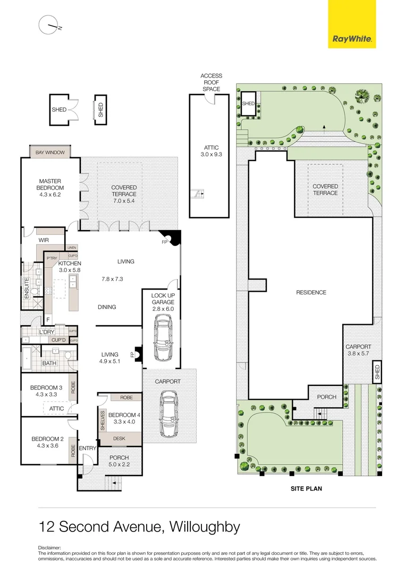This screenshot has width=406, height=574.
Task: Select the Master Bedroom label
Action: pos(51,184)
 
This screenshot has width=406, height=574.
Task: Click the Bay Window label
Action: pos(50,153)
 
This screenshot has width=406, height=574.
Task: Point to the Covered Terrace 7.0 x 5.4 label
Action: pos(124,191)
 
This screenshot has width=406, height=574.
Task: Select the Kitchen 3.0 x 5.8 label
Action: pos(70,267)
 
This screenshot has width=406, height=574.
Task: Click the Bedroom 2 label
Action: pos(47,442)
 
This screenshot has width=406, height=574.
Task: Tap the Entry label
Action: pos(88,449)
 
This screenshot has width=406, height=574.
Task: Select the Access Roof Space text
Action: pos(211,82)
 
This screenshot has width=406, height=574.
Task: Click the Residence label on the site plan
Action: pos(311,292)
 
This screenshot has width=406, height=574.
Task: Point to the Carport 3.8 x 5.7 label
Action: pos(358,350)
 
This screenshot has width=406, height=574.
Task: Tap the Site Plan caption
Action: pos(306,488)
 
